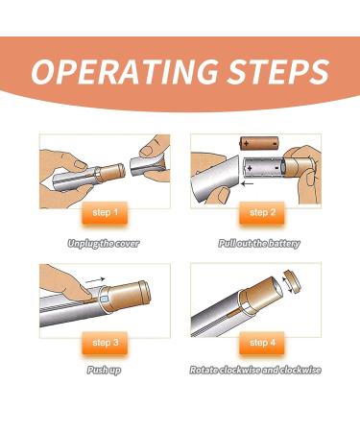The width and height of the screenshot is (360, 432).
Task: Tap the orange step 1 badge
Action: pyautogui.click(x=107, y=212)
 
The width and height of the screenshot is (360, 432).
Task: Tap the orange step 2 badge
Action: pyautogui.click(x=258, y=212)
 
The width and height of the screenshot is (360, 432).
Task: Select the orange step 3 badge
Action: pyautogui.click(x=107, y=342)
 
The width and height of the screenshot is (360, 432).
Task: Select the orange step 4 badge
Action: pyautogui.click(x=258, y=342)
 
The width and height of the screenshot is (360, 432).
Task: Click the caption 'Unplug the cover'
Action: pyautogui.click(x=103, y=244)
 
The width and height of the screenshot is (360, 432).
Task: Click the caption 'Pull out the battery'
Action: pyautogui.click(x=257, y=244)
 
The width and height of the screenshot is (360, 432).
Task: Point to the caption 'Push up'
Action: pyautogui.click(x=103, y=370)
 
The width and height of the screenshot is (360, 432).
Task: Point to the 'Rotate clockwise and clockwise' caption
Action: pyautogui.click(x=256, y=370)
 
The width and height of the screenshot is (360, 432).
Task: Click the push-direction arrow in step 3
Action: pyautogui.click(x=92, y=283)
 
